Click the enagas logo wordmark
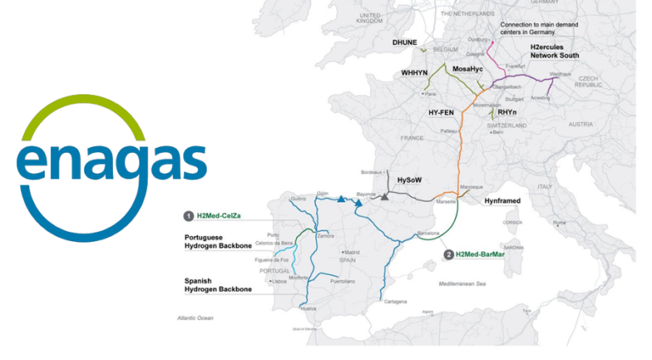111,161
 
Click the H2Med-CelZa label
221,215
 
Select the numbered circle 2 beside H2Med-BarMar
448,254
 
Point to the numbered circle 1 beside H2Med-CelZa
188,215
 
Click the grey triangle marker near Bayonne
385,197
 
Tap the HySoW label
410,180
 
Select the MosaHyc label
469,69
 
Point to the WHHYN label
416,74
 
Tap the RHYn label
508,112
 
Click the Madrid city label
351,252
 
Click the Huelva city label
307,308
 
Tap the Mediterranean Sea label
462,283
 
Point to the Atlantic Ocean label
194,317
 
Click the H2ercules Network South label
555,48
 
